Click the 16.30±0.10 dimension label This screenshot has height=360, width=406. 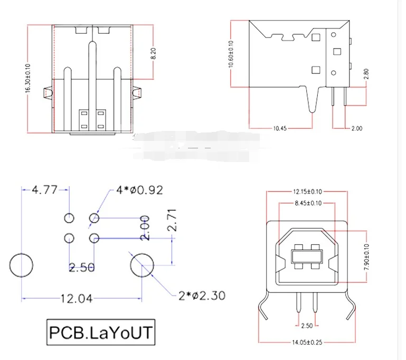[x=27, y=79]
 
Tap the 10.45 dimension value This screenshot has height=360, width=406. [x=281, y=128]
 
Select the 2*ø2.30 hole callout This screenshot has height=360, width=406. [x=202, y=295]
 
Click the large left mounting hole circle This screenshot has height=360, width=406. [x=21, y=264]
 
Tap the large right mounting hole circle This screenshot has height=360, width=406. [x=141, y=264]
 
